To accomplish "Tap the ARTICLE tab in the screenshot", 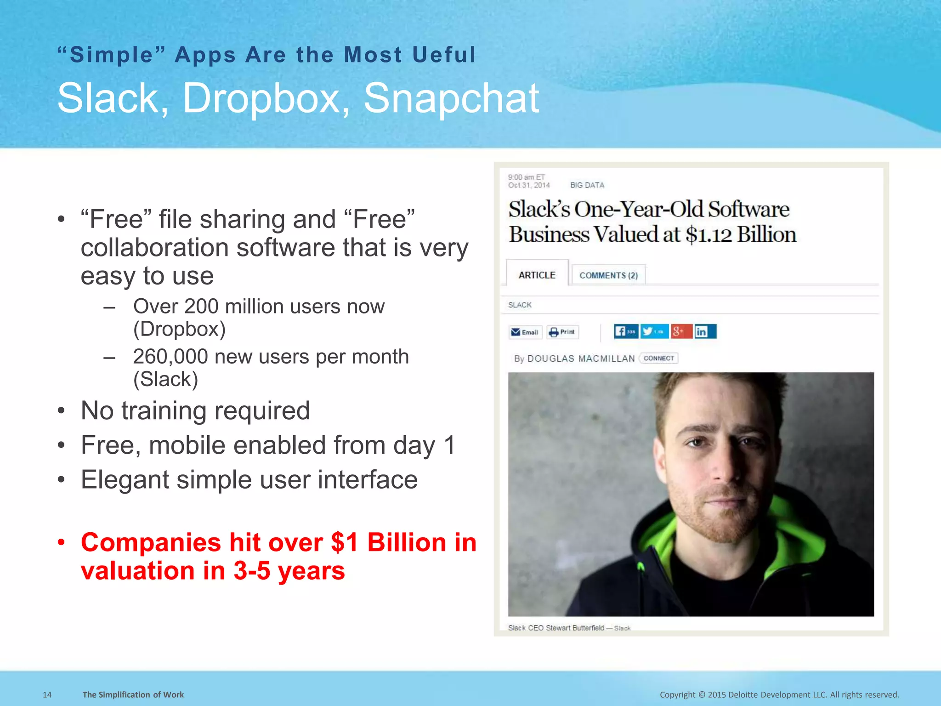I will click(x=537, y=275).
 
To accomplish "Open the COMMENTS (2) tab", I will click(x=608, y=275).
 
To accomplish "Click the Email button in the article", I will click(x=525, y=332).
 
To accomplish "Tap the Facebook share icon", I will click(x=625, y=331).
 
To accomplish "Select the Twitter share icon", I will click(x=654, y=331).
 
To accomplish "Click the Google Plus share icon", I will click(x=681, y=331).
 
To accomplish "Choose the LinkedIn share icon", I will click(x=705, y=331).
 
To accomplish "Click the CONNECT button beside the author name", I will click(x=659, y=358).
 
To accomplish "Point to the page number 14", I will click(x=47, y=695).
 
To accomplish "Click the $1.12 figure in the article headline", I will click(x=709, y=234).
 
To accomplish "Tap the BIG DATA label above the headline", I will click(x=587, y=185).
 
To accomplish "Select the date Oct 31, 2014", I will click(x=529, y=185).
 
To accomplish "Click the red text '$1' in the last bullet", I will click(x=345, y=542).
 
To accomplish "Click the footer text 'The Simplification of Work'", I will click(x=133, y=695).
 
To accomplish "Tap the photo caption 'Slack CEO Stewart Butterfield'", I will click(x=556, y=628).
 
